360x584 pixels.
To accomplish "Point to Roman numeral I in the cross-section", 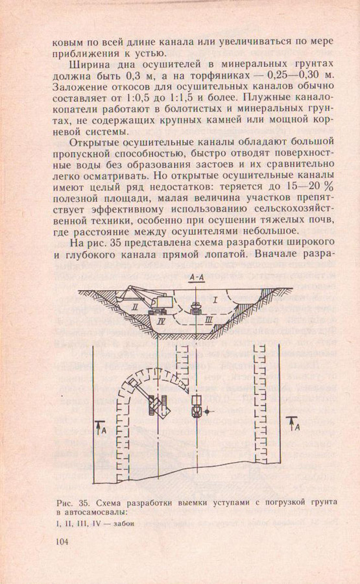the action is (x=215, y=300).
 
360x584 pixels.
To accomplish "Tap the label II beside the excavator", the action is (x=135, y=308).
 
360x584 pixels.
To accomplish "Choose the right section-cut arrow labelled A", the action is (x=293, y=424).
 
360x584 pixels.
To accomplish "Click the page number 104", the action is (x=62, y=542).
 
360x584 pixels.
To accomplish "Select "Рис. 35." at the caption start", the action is (x=72, y=503).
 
